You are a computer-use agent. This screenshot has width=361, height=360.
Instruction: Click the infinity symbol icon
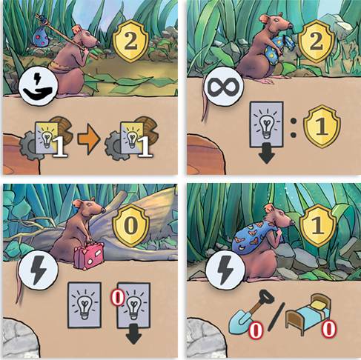point(224,87)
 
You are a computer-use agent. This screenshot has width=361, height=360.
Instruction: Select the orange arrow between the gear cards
point(89,139)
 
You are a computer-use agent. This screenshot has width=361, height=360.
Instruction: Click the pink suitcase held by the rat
point(89,256)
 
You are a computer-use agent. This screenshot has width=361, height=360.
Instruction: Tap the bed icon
point(308,313)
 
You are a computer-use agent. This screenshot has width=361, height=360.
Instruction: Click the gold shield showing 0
point(130,225)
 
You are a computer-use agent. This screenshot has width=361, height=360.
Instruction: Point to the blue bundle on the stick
point(41,37)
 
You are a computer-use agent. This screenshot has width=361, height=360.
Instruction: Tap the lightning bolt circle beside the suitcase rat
point(38,270)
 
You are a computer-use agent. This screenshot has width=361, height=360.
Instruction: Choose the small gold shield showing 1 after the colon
point(322,127)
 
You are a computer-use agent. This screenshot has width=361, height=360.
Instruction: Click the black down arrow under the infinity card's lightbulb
point(266,153)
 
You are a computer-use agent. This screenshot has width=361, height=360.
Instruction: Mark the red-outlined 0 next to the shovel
point(256,330)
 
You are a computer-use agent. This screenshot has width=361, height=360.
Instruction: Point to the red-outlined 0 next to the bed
point(328,329)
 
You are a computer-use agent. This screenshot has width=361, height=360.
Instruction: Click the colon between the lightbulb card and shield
point(294,128)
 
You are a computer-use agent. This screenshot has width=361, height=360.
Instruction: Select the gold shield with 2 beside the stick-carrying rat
point(130,41)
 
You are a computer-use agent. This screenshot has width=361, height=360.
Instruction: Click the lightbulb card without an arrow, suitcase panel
point(85,305)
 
